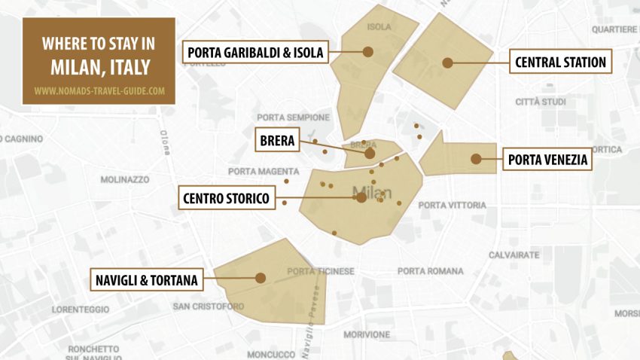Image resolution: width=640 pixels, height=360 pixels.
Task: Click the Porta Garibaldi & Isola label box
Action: [x=255, y=52]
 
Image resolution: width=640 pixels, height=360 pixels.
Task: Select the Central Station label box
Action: [x=561, y=62]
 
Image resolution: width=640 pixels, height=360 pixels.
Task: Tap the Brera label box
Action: [x=277, y=140]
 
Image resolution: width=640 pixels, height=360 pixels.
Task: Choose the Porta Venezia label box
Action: [x=547, y=160]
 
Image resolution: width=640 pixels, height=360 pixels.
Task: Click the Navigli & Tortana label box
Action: [x=146, y=280]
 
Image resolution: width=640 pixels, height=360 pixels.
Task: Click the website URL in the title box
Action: [x=99, y=91]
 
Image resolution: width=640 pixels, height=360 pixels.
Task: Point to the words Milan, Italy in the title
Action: [x=99, y=67]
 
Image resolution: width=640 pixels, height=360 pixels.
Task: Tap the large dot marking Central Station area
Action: [x=447, y=63]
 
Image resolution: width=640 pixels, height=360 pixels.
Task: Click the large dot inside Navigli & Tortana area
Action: [x=261, y=278]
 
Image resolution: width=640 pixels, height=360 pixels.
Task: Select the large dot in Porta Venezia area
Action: [x=476, y=159]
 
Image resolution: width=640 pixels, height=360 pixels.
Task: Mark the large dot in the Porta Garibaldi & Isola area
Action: [x=368, y=52]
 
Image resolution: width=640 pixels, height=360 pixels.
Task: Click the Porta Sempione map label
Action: [x=293, y=117]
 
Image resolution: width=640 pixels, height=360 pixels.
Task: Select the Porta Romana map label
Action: [x=431, y=271]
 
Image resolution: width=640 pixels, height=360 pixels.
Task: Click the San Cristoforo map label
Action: [x=209, y=307]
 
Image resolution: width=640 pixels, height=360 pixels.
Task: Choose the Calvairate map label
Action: [x=514, y=255]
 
